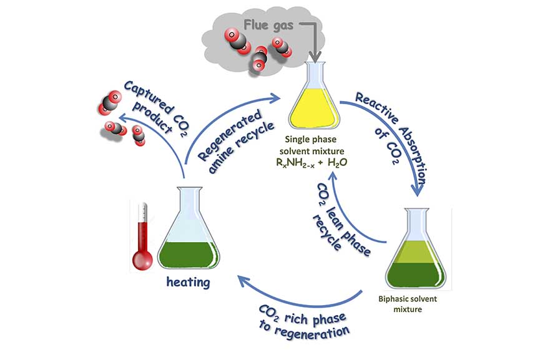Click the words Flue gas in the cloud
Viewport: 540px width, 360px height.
(x=268, y=25)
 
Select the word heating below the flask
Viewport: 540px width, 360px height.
(x=188, y=282)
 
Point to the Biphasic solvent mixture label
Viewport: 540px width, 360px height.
(x=408, y=304)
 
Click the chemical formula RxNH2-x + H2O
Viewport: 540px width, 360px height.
(x=312, y=163)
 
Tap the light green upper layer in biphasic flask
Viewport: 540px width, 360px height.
(x=416, y=251)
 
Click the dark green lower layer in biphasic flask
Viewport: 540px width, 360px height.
(x=416, y=275)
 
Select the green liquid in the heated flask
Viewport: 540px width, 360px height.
(x=189, y=255)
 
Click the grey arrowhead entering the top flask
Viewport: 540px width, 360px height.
(x=315, y=56)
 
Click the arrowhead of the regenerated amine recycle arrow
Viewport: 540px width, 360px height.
(x=275, y=98)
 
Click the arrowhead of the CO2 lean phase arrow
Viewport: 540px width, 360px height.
(x=332, y=177)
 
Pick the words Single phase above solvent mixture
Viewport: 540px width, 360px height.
(x=311, y=139)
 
